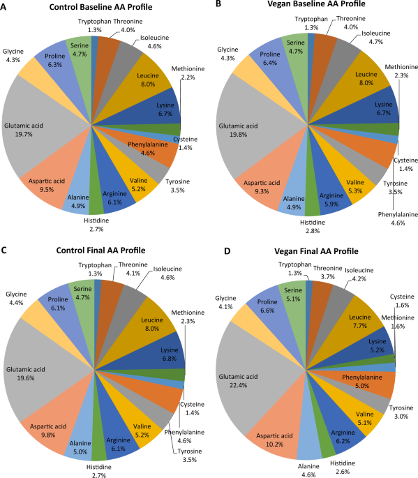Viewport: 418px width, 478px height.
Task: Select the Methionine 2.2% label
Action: pos(186,72)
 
